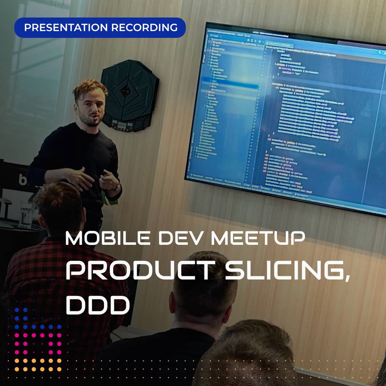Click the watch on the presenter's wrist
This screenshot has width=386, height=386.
point(117,186)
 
